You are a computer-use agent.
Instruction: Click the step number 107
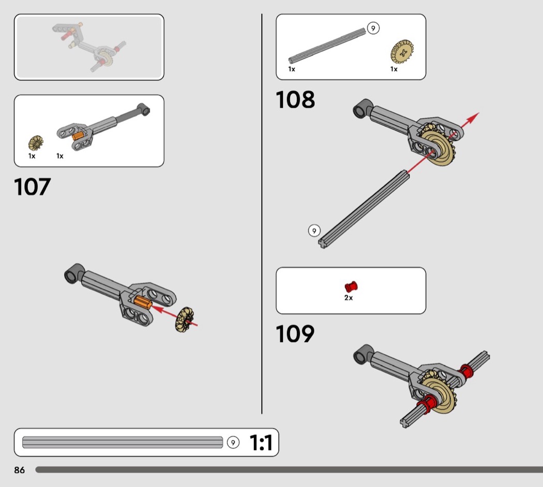33,187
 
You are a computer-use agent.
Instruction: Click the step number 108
295,99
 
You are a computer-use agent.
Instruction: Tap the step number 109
295,334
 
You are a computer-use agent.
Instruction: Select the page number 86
20,470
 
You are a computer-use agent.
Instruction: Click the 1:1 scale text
261,443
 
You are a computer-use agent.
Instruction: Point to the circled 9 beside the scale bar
233,443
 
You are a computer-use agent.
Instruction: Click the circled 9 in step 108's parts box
373,28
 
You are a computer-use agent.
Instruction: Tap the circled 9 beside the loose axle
314,231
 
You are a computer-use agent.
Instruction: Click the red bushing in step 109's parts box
351,286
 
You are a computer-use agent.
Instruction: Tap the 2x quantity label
349,298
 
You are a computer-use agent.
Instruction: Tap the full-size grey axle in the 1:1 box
123,443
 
